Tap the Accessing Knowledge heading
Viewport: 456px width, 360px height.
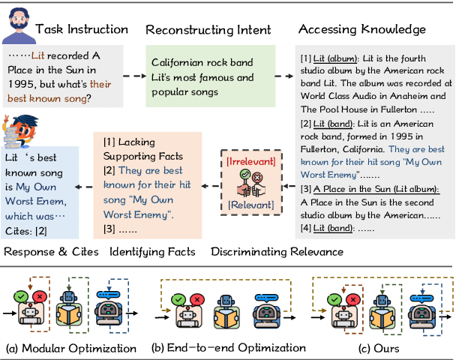[x=362, y=29]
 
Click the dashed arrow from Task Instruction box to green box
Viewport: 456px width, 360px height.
[x=133, y=76]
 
